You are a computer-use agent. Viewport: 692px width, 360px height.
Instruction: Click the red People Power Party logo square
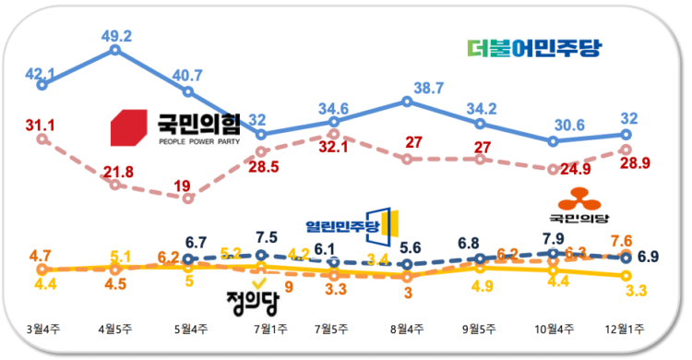(128, 127)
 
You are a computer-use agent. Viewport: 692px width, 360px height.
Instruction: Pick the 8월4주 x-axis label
(407, 330)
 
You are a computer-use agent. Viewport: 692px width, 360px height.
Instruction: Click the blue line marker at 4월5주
(114, 48)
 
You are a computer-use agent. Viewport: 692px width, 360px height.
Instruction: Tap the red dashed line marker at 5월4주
(187, 198)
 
